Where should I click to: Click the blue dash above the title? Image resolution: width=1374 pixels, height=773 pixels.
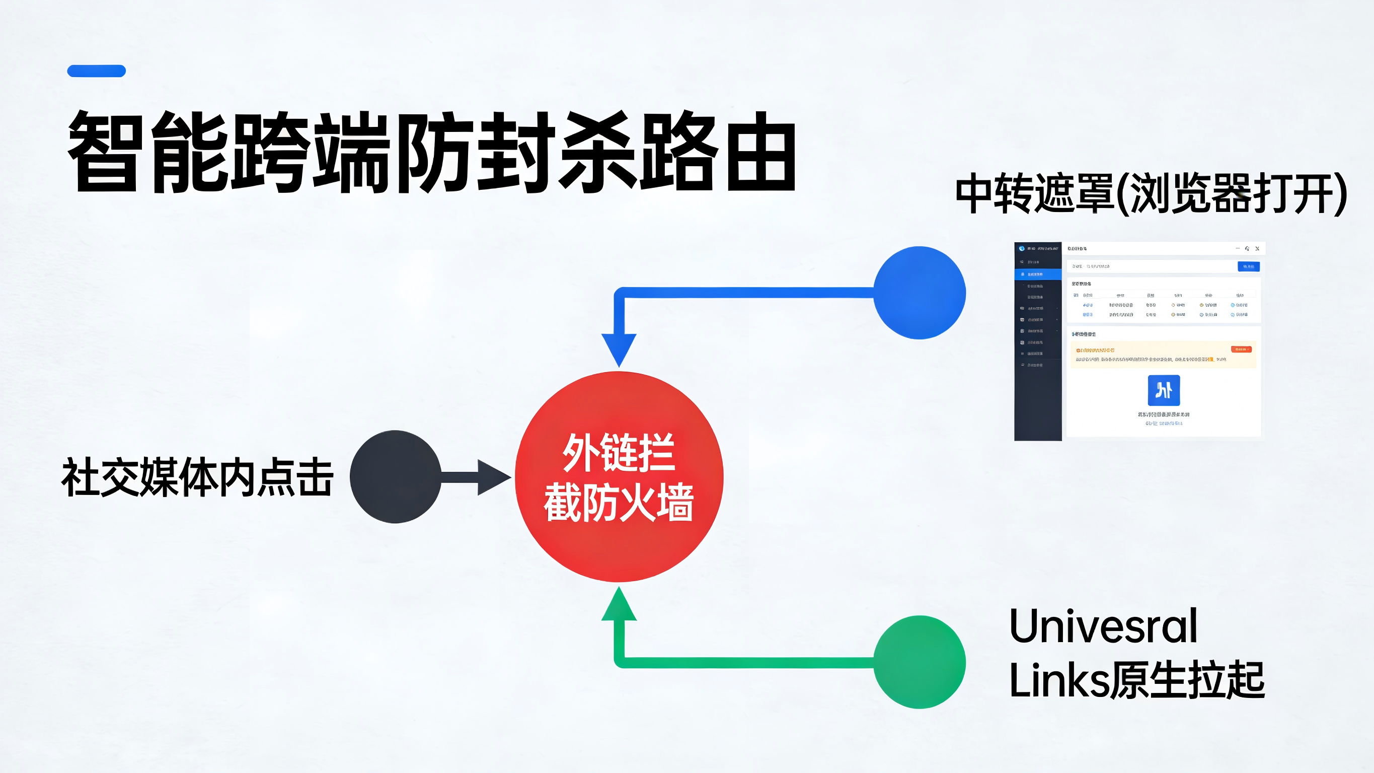pos(97,71)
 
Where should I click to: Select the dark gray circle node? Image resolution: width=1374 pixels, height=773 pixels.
pos(395,477)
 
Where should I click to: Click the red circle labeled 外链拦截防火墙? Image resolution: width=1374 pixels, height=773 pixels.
pos(619,477)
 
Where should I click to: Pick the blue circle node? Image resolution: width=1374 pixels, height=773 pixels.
pos(919,293)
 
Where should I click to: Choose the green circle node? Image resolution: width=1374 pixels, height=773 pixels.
pos(919,662)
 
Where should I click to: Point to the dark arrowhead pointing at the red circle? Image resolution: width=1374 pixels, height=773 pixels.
pos(493,477)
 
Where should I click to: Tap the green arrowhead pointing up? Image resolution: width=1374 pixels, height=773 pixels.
pos(619,605)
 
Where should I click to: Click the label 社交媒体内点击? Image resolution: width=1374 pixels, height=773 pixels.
pos(197,477)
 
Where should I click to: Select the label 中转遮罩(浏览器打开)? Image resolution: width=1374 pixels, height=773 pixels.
pos(1151,193)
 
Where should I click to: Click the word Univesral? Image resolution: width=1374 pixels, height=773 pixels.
pos(1103,625)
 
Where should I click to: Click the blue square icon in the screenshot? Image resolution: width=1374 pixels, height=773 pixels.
pos(1163,390)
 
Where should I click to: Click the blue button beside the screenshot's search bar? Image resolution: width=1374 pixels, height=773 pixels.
pos(1248,266)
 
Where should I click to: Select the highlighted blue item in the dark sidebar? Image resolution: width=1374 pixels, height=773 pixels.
pos(1037,274)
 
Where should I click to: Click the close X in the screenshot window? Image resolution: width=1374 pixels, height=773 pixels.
pos(1257,249)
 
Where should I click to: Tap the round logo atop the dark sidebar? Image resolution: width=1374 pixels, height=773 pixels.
pos(1021,248)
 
